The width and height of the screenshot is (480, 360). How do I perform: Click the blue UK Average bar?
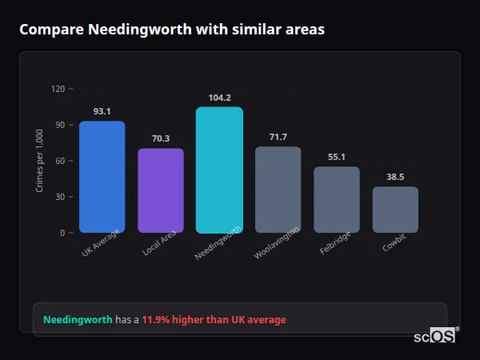[102, 177]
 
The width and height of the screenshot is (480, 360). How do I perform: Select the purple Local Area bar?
[161, 190]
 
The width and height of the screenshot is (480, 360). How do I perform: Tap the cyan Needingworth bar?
[219, 170]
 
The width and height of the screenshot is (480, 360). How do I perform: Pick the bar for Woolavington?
[278, 190]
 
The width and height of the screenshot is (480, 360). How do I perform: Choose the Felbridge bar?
[337, 199]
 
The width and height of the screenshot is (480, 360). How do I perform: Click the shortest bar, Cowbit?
[395, 210]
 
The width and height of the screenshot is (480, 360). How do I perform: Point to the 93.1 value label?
[102, 111]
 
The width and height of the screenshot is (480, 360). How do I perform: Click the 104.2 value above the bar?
[219, 98]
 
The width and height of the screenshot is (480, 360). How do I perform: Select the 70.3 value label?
[161, 138]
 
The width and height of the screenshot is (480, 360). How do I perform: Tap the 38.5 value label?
[395, 177]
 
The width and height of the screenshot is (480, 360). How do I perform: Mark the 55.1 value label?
[337, 157]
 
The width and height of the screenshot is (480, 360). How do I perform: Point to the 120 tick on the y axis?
[58, 89]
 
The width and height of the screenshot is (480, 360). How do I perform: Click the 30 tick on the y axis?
[60, 197]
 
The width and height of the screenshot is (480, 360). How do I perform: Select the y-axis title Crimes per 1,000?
[40, 160]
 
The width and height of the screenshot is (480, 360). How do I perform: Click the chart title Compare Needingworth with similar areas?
[172, 30]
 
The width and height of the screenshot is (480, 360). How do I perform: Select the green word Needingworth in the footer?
[78, 320]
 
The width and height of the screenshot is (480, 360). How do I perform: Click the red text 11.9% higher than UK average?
[214, 320]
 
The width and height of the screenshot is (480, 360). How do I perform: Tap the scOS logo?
[434, 336]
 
